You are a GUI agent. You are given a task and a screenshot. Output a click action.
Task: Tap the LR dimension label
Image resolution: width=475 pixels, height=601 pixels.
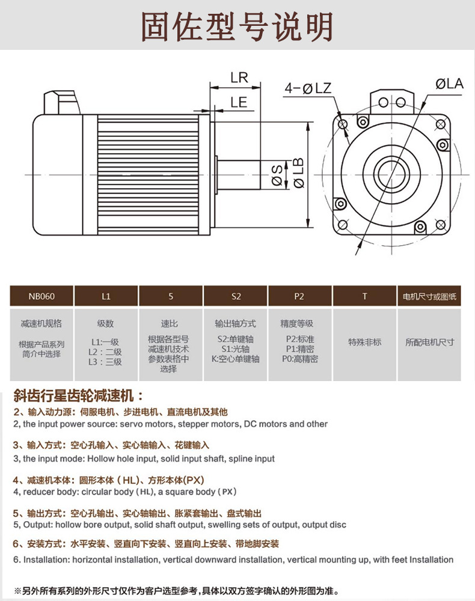pos(239,78)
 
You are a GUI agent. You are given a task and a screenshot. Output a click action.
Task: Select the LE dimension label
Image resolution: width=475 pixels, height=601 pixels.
pos(239,102)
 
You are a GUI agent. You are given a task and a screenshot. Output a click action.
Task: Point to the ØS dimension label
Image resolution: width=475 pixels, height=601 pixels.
pos(277,174)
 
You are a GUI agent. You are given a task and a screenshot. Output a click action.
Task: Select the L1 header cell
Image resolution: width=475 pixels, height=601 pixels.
pos(106,296)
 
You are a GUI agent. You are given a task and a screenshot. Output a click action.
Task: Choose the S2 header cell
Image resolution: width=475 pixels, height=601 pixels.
pos(236,296)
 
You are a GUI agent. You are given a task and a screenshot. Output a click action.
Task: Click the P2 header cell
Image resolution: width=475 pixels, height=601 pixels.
pos(299,296)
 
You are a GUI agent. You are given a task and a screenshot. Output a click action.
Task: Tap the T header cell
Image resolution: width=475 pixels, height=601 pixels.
pos(364,296)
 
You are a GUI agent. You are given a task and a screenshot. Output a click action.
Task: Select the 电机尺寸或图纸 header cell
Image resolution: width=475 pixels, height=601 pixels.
pos(429,296)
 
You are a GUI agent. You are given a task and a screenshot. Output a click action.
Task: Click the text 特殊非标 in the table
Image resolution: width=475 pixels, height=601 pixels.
pos(364,342)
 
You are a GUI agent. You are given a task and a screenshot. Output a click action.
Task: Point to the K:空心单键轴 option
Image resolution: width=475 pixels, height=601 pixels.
pos(235,359)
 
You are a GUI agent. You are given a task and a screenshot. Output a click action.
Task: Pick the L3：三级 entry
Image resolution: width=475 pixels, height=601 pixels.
pos(105,362)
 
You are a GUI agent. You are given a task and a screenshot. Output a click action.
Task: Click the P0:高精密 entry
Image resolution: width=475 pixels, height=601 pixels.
pos(299,359)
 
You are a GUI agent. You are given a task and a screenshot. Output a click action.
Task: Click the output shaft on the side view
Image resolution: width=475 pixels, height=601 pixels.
pos(238,175)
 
